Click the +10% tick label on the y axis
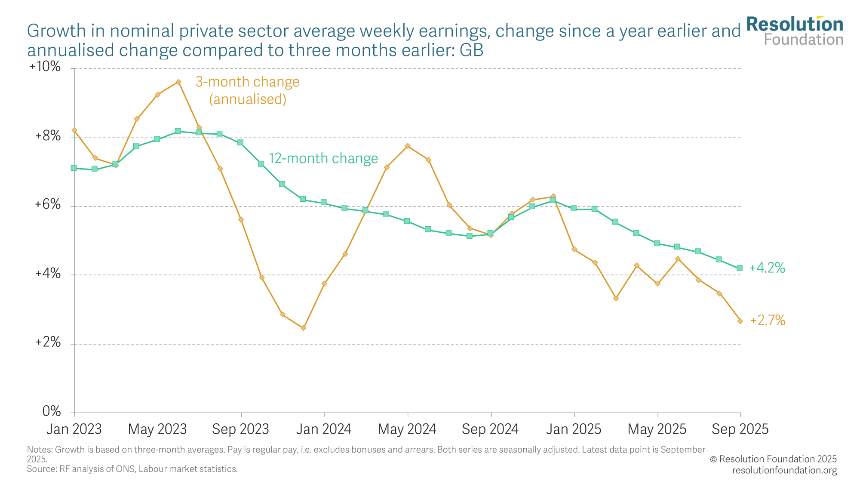[x=45, y=67]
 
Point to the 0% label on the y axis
[x=51, y=412]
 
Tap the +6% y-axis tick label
[x=48, y=205]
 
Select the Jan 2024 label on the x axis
[x=324, y=429]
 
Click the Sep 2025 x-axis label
[x=740, y=429]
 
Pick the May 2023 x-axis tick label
[x=157, y=429]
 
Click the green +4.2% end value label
[x=767, y=268]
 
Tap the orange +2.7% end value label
[x=768, y=321]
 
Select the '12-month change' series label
[x=323, y=158]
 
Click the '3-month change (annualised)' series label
[x=248, y=90]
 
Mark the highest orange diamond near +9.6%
[x=178, y=82]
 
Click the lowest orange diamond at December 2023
[x=303, y=328]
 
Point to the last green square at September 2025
[x=740, y=268]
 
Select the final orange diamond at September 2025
[x=740, y=321]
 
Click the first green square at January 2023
[x=74, y=168]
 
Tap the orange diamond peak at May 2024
[x=407, y=146]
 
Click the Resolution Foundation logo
[x=795, y=31]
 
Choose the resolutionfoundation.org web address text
[x=784, y=470]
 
